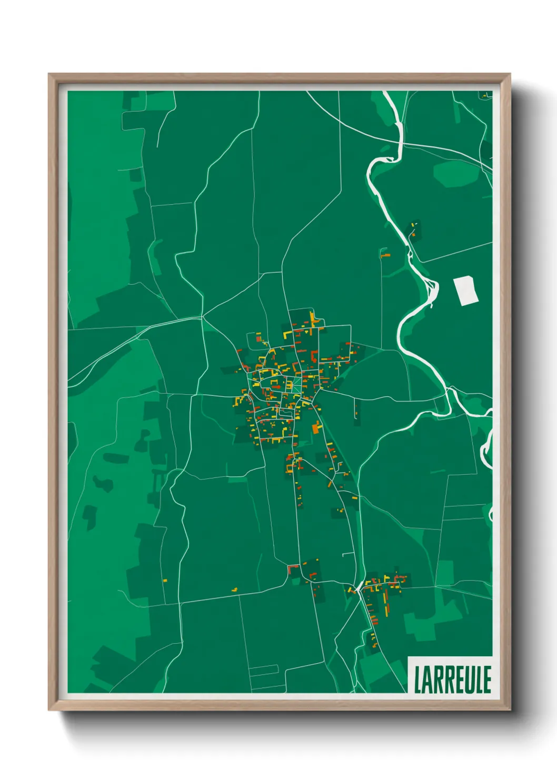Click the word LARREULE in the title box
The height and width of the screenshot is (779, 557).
pos(452,680)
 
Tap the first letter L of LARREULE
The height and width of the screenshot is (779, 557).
pos(418,680)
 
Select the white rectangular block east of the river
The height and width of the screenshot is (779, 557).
pos(466,291)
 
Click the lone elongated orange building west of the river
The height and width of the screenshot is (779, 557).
pos(386,255)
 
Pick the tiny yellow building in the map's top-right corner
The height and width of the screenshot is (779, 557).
pos(484,96)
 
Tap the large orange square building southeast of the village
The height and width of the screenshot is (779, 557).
pos(316,428)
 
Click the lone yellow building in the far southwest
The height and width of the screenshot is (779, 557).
pos(164,581)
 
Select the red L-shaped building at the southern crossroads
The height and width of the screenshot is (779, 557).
pos(293,568)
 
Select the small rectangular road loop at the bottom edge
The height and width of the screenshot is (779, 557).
pos(264,670)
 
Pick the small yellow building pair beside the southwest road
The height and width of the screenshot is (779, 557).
pos(235,589)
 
